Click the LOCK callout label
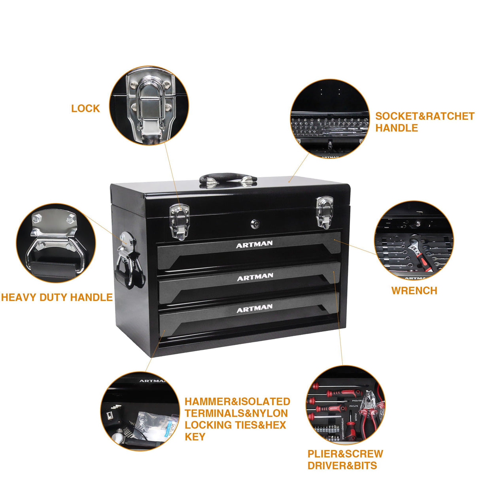pyautogui.click(x=85, y=108)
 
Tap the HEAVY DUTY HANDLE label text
pyautogui.click(x=57, y=297)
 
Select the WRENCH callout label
pyautogui.click(x=414, y=291)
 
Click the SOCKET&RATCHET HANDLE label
pyautogui.click(x=424, y=122)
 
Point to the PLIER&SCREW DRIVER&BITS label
pyautogui.click(x=345, y=459)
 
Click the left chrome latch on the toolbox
pyautogui.click(x=179, y=220)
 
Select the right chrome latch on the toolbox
pyautogui.click(x=323, y=212)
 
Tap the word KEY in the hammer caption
pyautogui.click(x=195, y=437)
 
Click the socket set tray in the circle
pyautogui.click(x=329, y=125)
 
